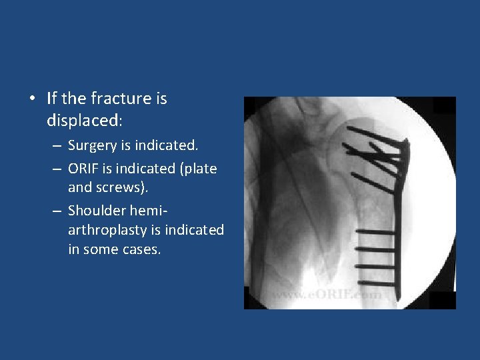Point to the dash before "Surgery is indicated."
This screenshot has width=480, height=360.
(x=57, y=145)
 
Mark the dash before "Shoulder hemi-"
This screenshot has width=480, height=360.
(x=57, y=211)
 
